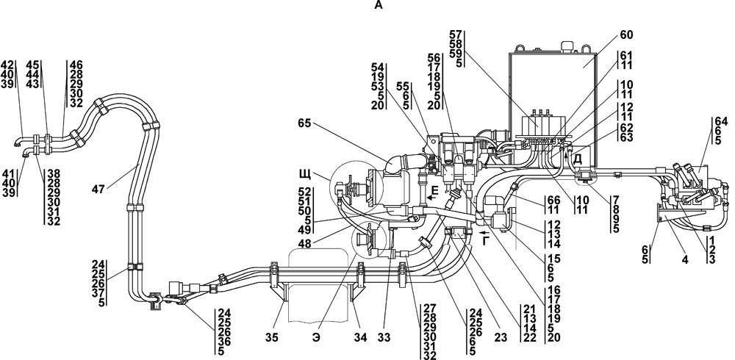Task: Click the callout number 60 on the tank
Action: [x=626, y=35]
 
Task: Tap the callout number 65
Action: [x=305, y=123]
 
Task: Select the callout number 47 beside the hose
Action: [x=99, y=189]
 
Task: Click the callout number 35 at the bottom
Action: [x=271, y=337]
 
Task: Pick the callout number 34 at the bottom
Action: [x=360, y=337]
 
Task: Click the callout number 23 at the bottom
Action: [x=500, y=337]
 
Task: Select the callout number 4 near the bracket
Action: [x=685, y=259]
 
